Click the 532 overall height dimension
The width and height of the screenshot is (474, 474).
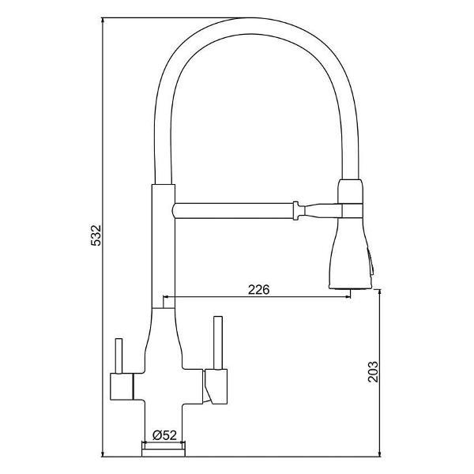point(96,235)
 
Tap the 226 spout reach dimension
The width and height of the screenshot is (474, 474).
point(258,290)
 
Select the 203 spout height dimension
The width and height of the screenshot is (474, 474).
point(373,371)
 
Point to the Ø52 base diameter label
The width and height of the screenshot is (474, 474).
point(164,435)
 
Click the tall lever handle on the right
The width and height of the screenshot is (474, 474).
point(218,343)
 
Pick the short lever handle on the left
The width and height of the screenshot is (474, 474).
point(118,356)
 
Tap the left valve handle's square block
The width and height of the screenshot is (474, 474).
point(122,386)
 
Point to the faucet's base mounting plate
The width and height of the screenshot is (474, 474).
point(164,449)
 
